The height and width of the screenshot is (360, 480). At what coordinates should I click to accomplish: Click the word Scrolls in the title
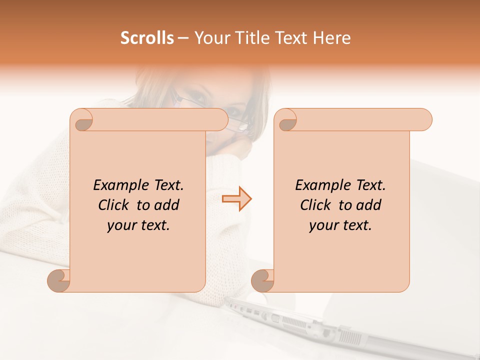click(x=147, y=38)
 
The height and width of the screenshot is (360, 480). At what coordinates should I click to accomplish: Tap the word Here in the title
click(x=331, y=38)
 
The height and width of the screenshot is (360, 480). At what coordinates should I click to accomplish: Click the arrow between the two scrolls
click(x=237, y=199)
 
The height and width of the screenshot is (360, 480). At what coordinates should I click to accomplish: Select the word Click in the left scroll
click(x=114, y=205)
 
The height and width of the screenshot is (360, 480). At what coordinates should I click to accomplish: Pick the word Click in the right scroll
click(x=316, y=205)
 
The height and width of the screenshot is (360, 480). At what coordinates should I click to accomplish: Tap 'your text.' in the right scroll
click(x=340, y=225)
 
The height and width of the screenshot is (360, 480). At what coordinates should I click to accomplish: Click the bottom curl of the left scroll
click(x=58, y=281)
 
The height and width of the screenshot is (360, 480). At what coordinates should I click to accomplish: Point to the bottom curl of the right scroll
click(x=262, y=281)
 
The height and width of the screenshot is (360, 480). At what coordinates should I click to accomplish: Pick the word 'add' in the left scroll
click(x=166, y=205)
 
